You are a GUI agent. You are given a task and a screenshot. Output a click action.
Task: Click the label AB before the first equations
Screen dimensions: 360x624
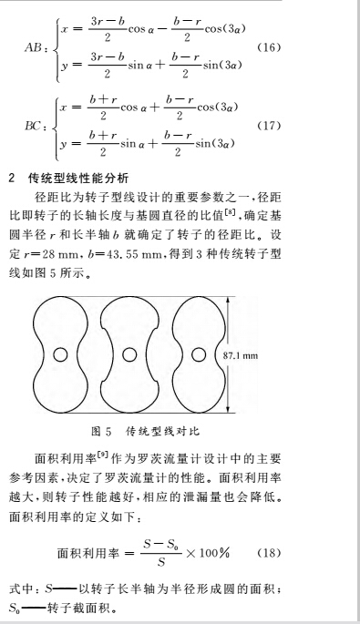35,46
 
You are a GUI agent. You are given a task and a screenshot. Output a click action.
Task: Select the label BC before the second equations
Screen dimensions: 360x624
35,124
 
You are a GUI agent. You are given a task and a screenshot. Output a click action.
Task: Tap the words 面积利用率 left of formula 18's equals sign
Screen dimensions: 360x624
83,553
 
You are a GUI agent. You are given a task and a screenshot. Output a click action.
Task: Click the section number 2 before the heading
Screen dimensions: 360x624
12,177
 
